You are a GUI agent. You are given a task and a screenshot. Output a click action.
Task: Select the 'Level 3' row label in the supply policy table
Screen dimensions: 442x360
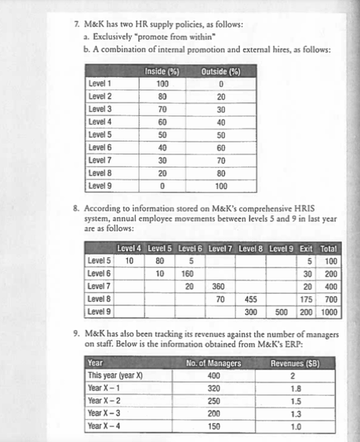(99, 109)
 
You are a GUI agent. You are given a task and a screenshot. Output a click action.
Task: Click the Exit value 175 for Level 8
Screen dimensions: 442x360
(307, 299)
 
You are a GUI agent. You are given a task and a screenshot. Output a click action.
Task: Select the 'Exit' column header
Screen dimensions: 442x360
(307, 248)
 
